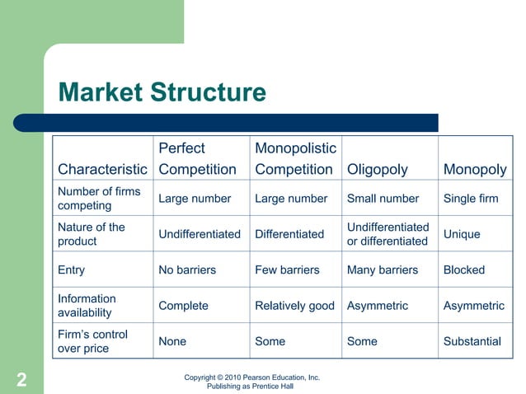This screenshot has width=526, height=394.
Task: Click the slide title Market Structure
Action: click(x=162, y=91)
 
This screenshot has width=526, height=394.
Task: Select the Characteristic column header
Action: click(x=102, y=170)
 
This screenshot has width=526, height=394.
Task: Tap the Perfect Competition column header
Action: click(x=197, y=159)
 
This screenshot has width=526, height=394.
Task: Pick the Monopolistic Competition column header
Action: click(x=295, y=159)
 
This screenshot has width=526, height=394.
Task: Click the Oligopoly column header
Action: click(x=378, y=170)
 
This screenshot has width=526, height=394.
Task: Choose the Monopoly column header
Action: click(x=475, y=170)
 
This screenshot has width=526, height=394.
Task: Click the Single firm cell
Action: click(x=471, y=199)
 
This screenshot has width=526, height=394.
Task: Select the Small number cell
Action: click(x=383, y=199)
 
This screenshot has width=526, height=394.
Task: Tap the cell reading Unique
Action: click(x=462, y=234)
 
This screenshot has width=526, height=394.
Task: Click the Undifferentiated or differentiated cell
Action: click(x=387, y=234)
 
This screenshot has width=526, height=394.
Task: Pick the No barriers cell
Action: click(x=187, y=270)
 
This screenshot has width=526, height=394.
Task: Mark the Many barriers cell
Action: click(x=383, y=270)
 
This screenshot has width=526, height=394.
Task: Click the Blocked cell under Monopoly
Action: click(x=464, y=270)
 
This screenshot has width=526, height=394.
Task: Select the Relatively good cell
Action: click(x=294, y=306)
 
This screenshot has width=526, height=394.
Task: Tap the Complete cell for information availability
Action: click(x=183, y=306)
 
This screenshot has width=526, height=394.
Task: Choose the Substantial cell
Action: click(x=472, y=341)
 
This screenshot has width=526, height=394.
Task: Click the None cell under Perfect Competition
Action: click(x=172, y=341)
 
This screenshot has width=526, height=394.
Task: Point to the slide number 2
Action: click(x=21, y=380)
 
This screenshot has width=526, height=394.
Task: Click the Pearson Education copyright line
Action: click(x=251, y=378)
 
